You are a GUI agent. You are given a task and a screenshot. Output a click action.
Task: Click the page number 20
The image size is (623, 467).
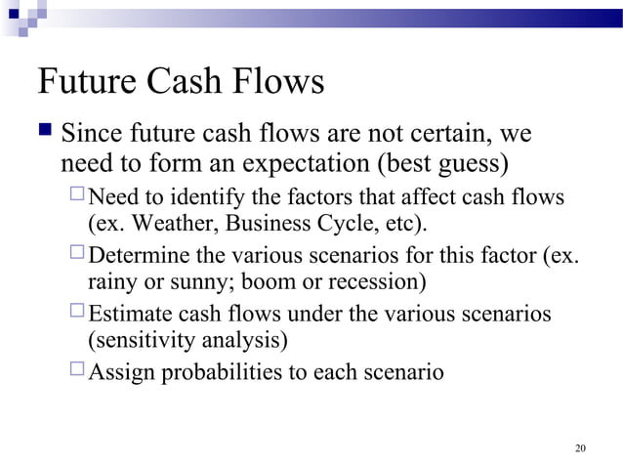(x=581, y=448)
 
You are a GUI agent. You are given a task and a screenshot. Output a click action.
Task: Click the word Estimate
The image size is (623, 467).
(x=129, y=315)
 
